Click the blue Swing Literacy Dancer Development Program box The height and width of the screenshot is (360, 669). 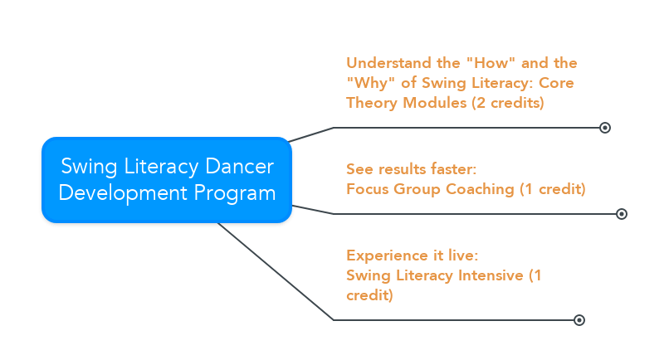coord(167,180)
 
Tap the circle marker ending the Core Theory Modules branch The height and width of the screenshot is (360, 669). coord(605,128)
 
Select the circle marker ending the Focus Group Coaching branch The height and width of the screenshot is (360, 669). coord(622,214)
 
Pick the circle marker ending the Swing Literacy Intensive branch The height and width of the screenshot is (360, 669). coord(579,320)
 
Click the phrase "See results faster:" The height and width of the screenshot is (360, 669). coord(411,169)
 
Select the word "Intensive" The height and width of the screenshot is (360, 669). coord(489,275)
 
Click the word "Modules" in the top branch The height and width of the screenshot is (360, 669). coord(435,103)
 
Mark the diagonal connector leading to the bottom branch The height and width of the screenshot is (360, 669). coord(274,270)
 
